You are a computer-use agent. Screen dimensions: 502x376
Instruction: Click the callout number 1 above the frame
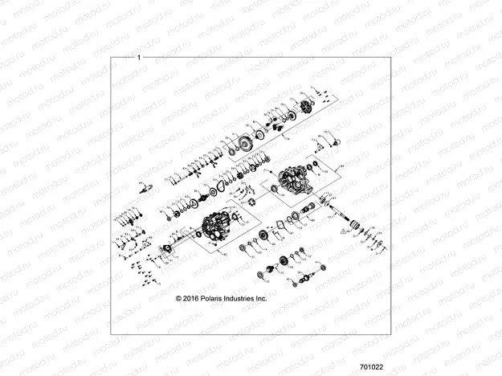tap(140, 57)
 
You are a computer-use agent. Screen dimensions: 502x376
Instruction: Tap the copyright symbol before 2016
tap(179, 298)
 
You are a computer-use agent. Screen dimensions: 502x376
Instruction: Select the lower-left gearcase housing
tap(216, 234)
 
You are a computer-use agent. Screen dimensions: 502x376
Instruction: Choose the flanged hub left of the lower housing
tap(171, 246)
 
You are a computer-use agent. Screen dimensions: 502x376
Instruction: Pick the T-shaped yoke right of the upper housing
tap(326, 145)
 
